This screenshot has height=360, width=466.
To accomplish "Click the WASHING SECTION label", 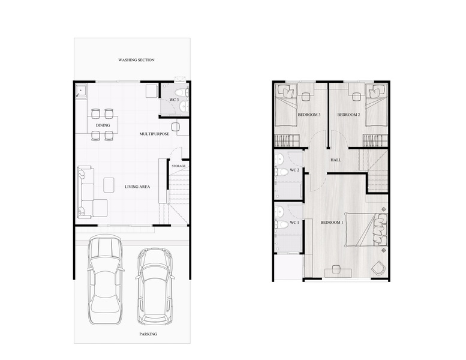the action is [x=136, y=60].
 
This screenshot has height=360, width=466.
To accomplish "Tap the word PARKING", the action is [x=148, y=334].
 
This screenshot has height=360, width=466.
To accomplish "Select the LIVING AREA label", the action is [x=137, y=187].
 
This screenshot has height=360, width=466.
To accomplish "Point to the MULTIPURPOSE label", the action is [x=155, y=134].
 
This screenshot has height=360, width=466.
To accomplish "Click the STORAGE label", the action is [x=178, y=166].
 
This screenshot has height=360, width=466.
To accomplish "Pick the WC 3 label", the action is [x=174, y=100].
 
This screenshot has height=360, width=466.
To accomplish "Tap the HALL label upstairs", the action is [x=336, y=160].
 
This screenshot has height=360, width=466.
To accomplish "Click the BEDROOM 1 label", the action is [x=332, y=223].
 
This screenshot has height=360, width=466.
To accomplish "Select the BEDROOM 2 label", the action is [x=348, y=115].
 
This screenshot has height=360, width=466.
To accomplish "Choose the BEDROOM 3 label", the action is [x=309, y=115].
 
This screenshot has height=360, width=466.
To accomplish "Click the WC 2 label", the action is [x=294, y=170].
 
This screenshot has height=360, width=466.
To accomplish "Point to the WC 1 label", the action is [x=294, y=223].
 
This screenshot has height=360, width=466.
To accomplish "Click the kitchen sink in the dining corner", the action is [x=81, y=91].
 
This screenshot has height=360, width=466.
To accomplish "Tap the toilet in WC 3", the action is [x=181, y=92].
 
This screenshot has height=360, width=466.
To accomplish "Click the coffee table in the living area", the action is [x=109, y=185].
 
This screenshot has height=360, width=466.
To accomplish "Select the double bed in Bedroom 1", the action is [x=366, y=230].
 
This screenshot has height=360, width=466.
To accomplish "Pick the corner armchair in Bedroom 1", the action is [x=378, y=267].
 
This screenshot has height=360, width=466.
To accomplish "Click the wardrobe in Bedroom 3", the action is [x=287, y=140].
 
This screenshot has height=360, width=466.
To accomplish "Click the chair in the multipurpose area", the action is [x=176, y=127].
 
